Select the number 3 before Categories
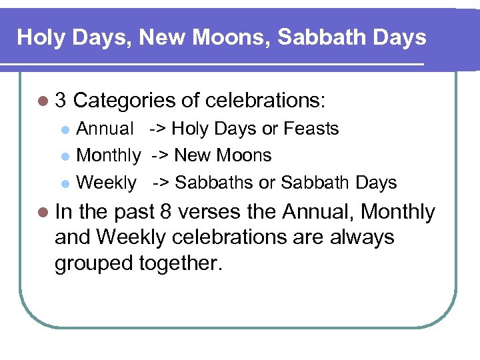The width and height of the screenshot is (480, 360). pos(61,101)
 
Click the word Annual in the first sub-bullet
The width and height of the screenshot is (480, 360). pos(105,129)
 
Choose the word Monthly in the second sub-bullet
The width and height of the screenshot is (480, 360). pos(109,156)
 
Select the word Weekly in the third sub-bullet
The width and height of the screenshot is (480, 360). pos(107,183)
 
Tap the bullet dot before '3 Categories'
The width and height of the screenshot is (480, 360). pos(43,101)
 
